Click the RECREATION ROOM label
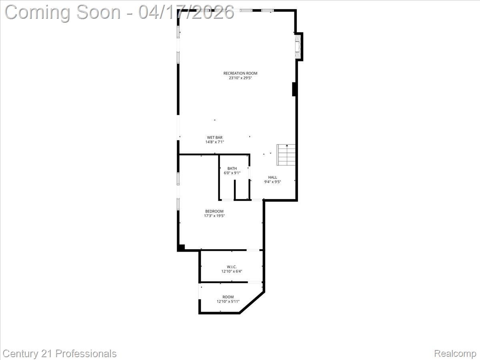(x=240, y=73)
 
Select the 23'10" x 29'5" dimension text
(x=240, y=78)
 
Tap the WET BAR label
(x=215, y=138)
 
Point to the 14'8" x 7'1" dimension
(x=215, y=142)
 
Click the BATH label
(x=232, y=168)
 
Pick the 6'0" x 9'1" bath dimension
(x=232, y=173)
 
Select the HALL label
(x=272, y=177)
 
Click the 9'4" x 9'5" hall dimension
(x=272, y=182)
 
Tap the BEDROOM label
(x=214, y=211)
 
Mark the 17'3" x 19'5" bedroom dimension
(x=214, y=216)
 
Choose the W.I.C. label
(x=232, y=266)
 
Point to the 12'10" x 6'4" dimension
(x=232, y=271)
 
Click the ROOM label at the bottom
(x=228, y=297)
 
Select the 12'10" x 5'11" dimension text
(x=228, y=302)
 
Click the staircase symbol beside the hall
(x=286, y=155)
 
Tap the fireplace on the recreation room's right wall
(x=298, y=47)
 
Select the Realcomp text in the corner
(x=455, y=354)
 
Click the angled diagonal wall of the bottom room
(x=252, y=303)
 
